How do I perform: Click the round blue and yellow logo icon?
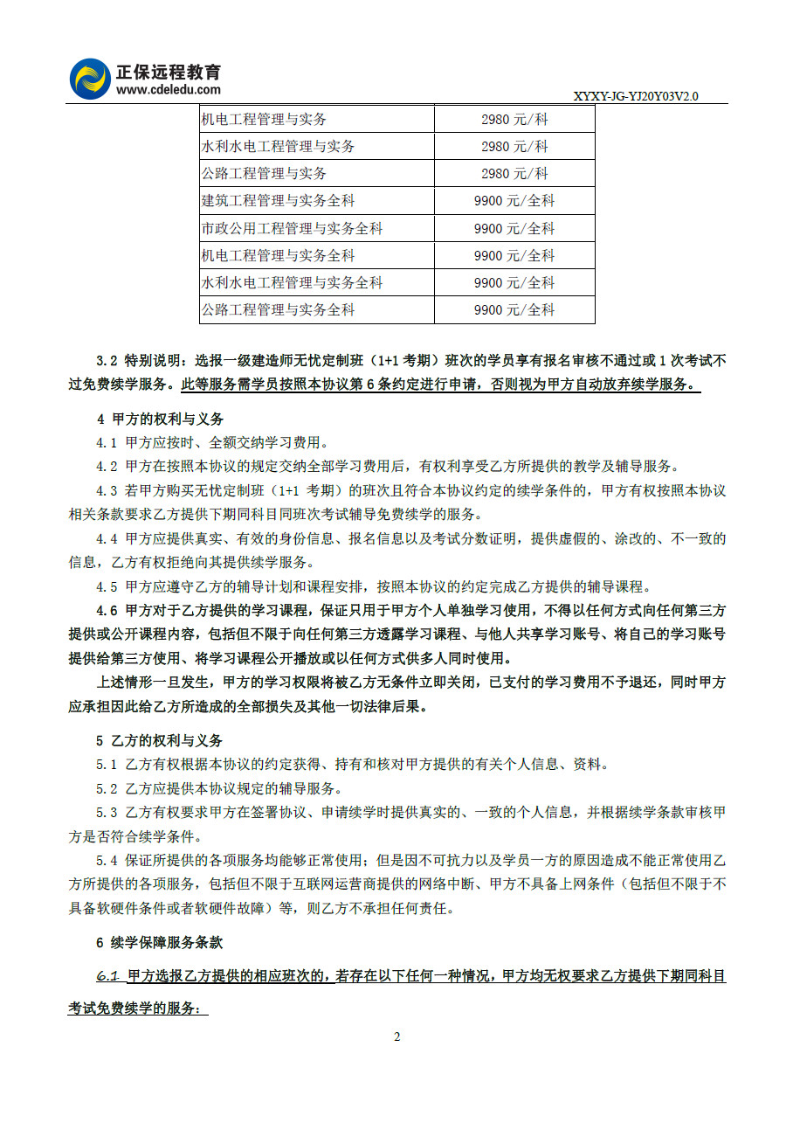pos(91,79)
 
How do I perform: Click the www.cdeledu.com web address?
pos(169,89)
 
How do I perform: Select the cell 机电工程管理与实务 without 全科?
pos(264,119)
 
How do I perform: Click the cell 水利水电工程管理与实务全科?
pos(292,283)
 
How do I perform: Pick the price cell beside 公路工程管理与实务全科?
pos(514,310)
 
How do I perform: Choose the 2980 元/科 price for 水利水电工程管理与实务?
pos(514,146)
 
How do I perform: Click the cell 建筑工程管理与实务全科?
pos(278,201)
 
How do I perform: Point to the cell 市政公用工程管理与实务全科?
pos(292,229)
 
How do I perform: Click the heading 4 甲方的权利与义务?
pos(160,419)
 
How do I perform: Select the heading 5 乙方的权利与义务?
pos(160,741)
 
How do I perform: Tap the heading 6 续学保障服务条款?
pos(160,943)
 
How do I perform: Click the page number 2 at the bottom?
pos(396,1037)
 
